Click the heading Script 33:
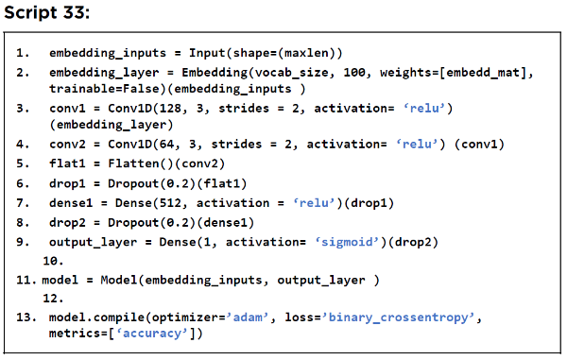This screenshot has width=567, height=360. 46,12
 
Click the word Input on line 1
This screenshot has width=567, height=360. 207,53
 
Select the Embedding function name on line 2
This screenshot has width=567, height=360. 215,73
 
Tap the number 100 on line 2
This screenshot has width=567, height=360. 354,73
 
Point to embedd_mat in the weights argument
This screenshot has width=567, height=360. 483,73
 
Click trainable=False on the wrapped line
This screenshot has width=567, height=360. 108,89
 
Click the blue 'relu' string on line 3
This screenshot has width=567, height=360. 423,109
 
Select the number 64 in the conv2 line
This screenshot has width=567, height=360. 166,145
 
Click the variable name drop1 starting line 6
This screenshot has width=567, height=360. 67,183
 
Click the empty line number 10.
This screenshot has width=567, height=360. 53,261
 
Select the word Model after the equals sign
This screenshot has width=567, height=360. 119,280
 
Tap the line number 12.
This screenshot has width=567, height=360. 53,299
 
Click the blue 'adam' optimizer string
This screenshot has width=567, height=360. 248,317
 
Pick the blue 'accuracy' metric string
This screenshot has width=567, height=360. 152,334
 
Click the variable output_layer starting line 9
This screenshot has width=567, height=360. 93,242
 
